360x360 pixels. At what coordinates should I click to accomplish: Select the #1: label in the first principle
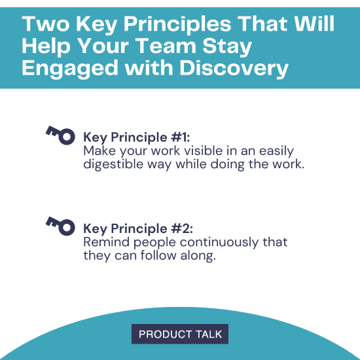(179, 137)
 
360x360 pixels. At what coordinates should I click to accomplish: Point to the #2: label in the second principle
(180, 228)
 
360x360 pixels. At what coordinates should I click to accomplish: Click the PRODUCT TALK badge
(180, 334)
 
